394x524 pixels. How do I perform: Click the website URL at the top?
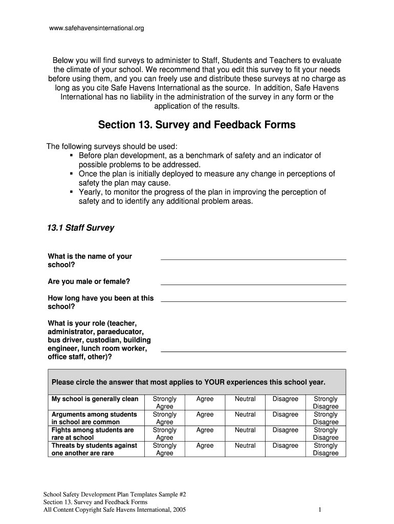coord(96,29)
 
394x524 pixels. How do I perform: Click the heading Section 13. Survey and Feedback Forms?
coord(196,125)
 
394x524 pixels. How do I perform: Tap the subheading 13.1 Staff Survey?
coord(81,228)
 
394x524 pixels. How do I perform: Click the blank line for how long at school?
coord(253,300)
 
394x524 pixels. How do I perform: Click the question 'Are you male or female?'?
coord(89,281)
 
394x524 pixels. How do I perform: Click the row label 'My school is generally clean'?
coord(95,399)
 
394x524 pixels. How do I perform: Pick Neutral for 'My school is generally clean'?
coord(245,399)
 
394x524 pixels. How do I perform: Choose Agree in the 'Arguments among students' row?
coord(205,414)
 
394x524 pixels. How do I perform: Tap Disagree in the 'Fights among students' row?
coord(285,430)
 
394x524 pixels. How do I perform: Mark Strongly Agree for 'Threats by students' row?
coord(164,449)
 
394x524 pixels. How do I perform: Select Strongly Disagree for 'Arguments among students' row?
coord(325,418)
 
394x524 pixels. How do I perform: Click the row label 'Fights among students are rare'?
coord(93,434)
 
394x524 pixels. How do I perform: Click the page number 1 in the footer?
coord(319,510)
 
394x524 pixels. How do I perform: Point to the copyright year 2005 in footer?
coord(179,510)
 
